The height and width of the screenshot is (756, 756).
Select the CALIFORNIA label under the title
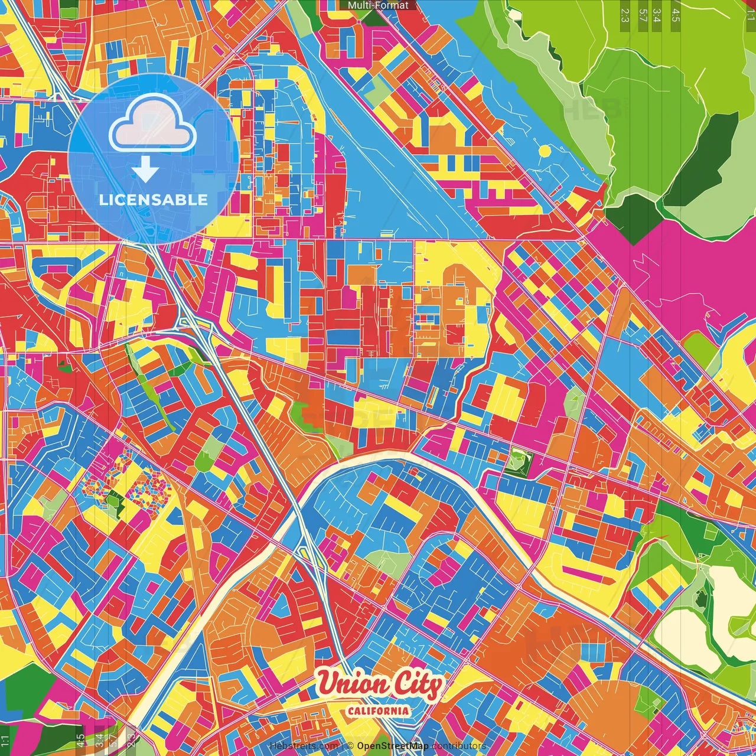[x=379, y=711]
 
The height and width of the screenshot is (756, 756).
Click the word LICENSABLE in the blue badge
[x=154, y=200]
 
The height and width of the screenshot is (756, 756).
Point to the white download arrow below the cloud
[x=145, y=171]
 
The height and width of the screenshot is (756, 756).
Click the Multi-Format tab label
[x=378, y=5]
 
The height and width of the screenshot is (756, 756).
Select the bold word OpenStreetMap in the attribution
[x=393, y=746]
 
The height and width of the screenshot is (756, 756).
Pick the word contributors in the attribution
[x=459, y=746]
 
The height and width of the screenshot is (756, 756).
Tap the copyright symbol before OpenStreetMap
[x=350, y=746]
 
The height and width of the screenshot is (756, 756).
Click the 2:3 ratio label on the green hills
[x=625, y=15]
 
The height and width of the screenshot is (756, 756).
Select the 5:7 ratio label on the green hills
[x=643, y=15]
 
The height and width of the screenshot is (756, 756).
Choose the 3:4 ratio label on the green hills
[x=657, y=15]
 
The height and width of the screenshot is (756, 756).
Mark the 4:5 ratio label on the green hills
[x=675, y=15]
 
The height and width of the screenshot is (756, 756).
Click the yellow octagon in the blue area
[x=544, y=151]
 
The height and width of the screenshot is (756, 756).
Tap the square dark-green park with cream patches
[x=518, y=461]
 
